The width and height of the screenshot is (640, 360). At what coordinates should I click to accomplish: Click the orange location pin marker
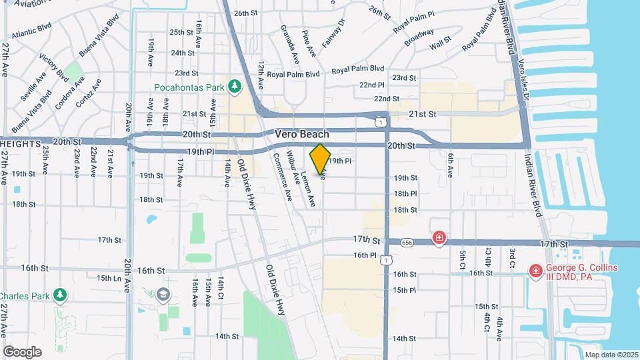pos(320,159)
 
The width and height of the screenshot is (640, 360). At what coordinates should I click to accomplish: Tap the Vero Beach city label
pos(302,134)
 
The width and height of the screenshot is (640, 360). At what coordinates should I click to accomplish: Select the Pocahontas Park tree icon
pos(233,86)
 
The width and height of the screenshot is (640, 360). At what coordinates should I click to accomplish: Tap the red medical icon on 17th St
pos(439,237)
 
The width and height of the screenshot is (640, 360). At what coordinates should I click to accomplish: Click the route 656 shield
pos(407,242)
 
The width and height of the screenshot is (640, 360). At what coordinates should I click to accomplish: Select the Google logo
pos(22,351)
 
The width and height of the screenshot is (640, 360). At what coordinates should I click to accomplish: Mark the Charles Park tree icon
pos(61,294)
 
